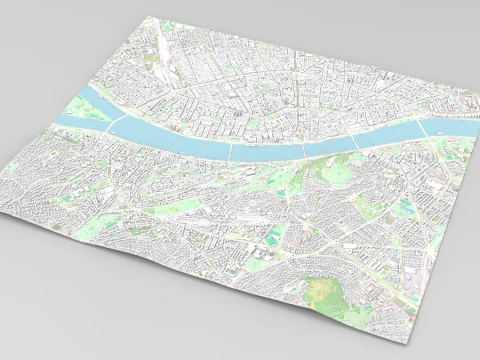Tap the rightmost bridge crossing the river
point(423,129)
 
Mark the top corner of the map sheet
point(147,17)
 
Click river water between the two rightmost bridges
point(390,135)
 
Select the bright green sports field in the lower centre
point(273,238)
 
